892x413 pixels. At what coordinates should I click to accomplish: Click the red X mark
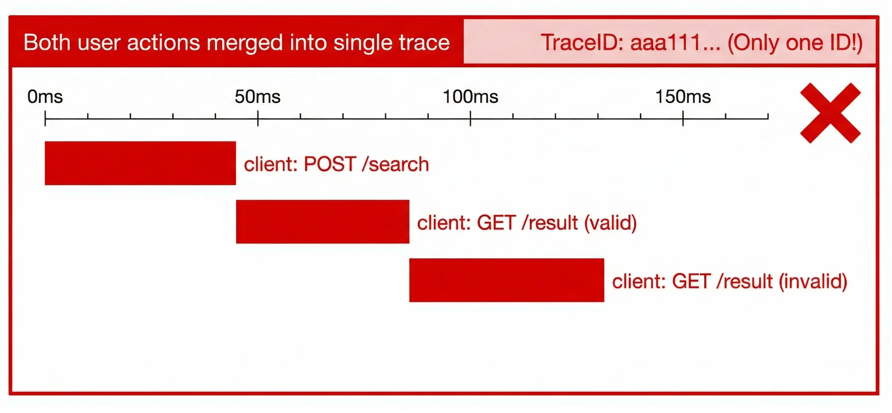tap(830, 113)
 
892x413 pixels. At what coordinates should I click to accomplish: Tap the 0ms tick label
tap(45, 97)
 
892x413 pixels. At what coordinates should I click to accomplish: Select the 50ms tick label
tap(258, 97)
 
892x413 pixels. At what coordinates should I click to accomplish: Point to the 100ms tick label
tap(470, 97)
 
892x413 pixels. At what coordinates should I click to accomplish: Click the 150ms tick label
tap(683, 97)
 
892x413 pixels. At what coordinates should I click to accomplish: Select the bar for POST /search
tap(140, 163)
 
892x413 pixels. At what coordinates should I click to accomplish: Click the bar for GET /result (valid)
tap(323, 221)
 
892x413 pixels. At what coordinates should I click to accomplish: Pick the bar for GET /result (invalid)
tap(506, 280)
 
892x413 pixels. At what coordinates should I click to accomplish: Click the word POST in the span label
tap(330, 164)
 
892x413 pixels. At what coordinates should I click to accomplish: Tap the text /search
tap(395, 164)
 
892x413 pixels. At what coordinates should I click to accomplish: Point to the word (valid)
tap(610, 223)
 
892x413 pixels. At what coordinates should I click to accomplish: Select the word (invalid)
tap(813, 281)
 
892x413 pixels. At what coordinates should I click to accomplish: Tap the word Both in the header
tap(47, 42)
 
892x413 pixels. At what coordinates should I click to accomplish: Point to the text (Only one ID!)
tap(795, 42)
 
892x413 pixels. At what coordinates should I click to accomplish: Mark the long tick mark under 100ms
tap(470, 118)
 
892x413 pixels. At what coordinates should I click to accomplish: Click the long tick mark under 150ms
tap(683, 118)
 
